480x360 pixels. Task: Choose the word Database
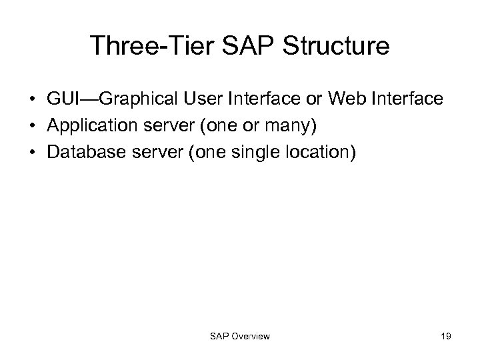[82, 153]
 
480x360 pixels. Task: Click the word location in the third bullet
[314, 153]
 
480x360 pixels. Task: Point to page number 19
[445, 337]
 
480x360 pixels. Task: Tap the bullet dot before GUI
[32, 100]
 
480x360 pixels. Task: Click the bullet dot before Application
[32, 127]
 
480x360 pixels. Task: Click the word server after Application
[160, 126]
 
